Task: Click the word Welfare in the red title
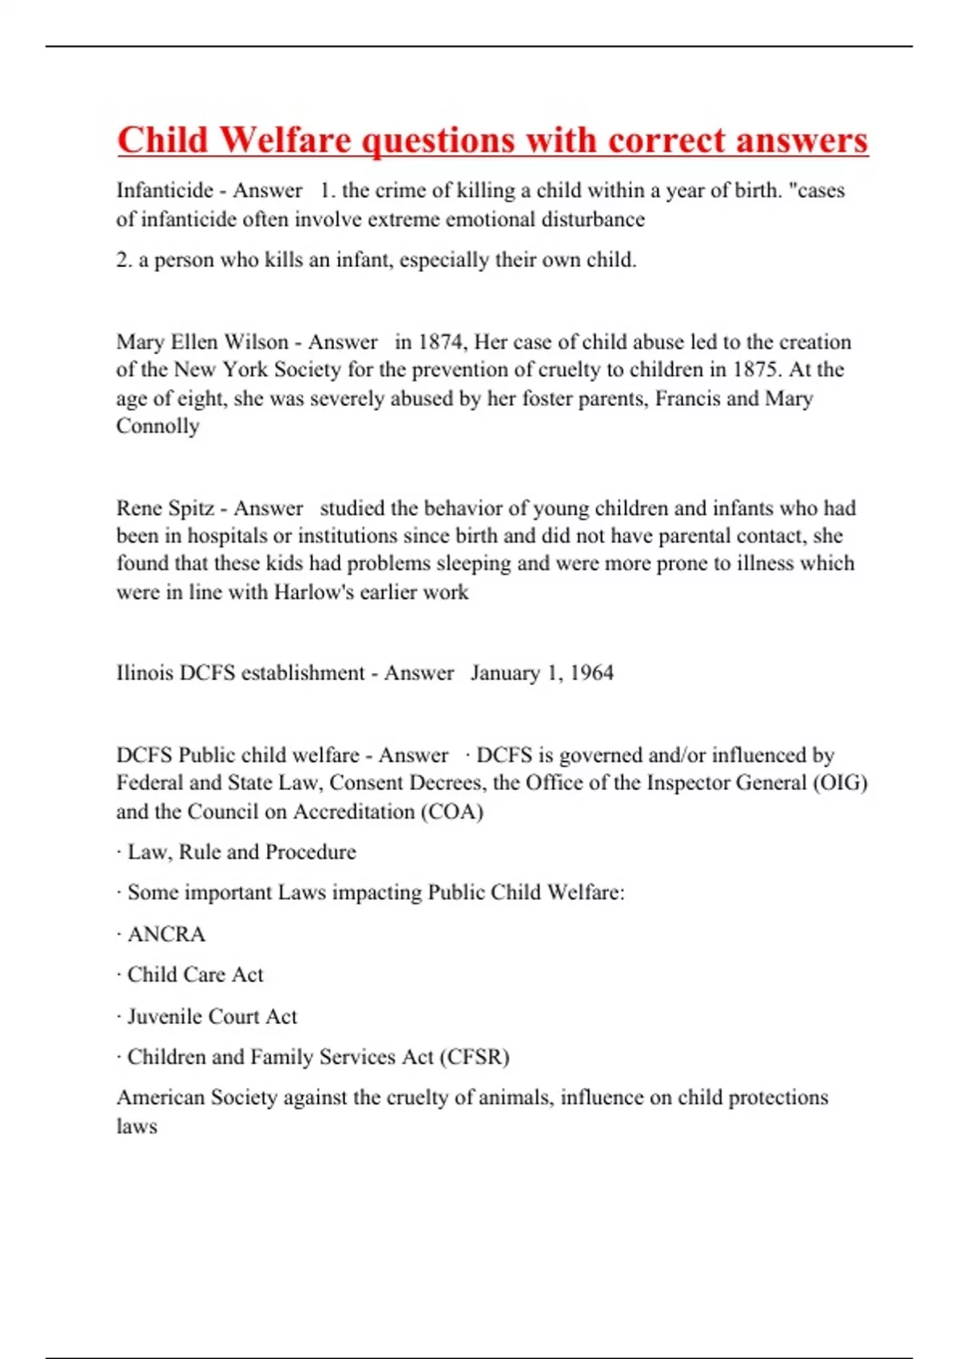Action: tap(285, 141)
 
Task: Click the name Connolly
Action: tap(157, 426)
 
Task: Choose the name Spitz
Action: tap(189, 508)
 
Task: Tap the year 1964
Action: tap(592, 673)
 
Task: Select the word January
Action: tap(505, 673)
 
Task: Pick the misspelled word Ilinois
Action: tap(144, 673)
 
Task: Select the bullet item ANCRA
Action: tap(166, 935)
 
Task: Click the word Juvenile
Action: tap(164, 1017)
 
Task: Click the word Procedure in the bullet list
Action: tap(310, 852)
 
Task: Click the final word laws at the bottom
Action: tap(137, 1126)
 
